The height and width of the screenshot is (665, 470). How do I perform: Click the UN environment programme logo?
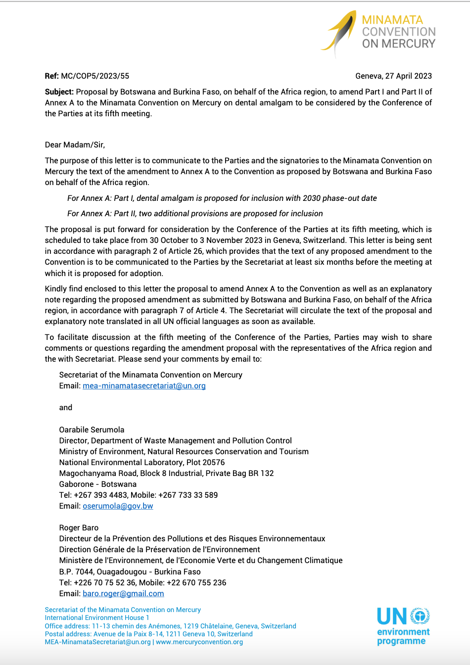(x=403, y=626)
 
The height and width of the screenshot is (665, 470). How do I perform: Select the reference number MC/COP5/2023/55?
(x=95, y=76)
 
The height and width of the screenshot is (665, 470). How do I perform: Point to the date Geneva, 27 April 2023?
(x=393, y=76)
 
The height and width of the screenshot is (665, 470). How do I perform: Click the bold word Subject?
(x=59, y=92)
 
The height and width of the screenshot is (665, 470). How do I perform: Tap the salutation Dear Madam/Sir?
(x=75, y=145)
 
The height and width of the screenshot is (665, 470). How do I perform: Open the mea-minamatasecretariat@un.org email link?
(x=144, y=386)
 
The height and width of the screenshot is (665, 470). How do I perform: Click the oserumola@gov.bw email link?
(x=118, y=506)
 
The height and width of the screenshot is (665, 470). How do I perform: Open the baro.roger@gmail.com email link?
(x=123, y=594)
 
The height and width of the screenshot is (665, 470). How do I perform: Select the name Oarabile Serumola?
(x=92, y=430)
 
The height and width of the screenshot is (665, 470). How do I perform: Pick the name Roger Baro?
(x=79, y=528)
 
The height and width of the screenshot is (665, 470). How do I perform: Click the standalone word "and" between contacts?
(x=66, y=408)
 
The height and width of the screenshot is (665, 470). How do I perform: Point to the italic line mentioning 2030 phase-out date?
(x=222, y=198)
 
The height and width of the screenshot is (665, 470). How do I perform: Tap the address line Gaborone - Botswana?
(x=97, y=484)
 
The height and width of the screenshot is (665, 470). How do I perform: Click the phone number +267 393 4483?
(x=100, y=495)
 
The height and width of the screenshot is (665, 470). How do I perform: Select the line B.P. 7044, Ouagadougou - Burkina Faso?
(x=130, y=572)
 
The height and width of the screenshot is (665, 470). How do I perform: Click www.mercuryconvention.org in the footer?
(x=199, y=642)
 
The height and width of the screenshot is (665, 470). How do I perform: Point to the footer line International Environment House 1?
(x=97, y=618)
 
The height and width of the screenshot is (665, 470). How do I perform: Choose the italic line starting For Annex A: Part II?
(x=195, y=214)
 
